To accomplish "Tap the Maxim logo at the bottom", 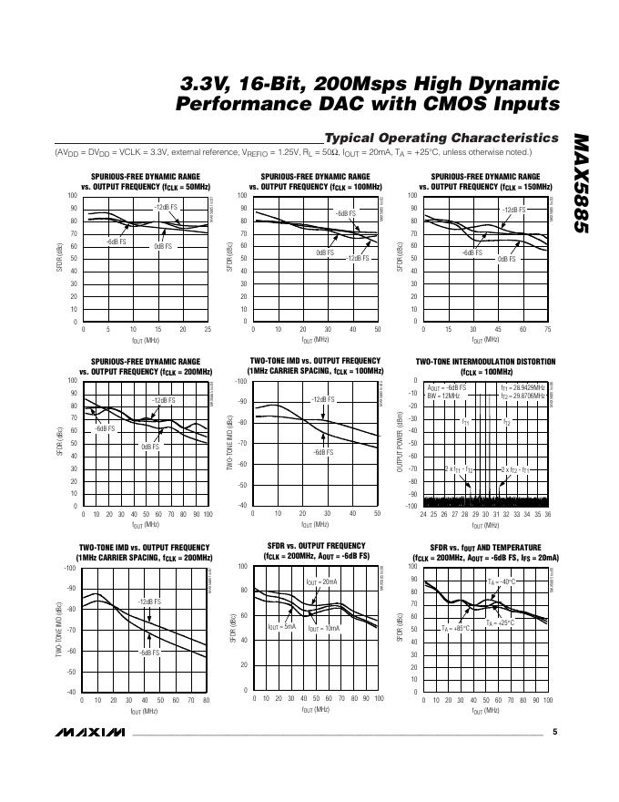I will pos(88,733).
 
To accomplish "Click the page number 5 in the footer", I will pos(554,732).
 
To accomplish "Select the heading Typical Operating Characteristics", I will pos(441,138).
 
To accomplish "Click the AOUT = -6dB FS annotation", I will pos(447,387).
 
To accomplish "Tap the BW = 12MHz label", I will pos(444,396).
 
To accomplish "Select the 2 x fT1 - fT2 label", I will pos(456,468).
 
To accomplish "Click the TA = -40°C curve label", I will pos(501,581).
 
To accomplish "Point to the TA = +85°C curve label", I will pos(456,628).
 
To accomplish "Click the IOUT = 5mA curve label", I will pos(281,626).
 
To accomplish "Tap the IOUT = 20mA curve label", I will pos(320,581).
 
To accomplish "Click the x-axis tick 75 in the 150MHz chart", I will pos(548,329).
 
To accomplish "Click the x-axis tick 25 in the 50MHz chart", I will pos(208,329).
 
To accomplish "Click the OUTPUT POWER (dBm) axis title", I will pos(400,442).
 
